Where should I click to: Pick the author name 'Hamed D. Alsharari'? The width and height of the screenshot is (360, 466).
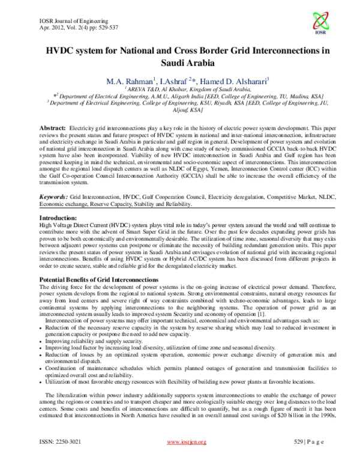(233, 80)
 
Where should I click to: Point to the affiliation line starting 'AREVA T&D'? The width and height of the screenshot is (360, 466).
(180, 89)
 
